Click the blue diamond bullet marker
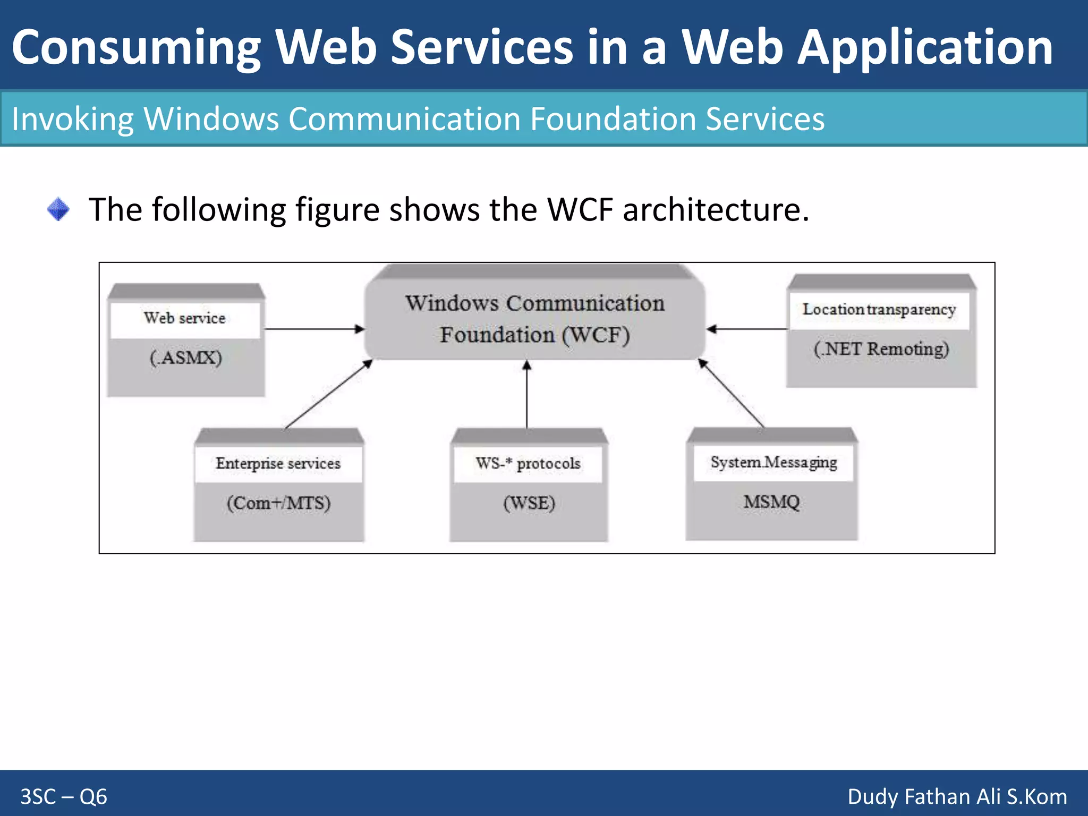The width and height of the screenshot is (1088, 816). [x=58, y=209]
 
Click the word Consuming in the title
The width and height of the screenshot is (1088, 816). [x=136, y=48]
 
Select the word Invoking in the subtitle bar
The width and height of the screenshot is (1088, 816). [x=72, y=119]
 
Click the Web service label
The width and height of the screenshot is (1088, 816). [x=184, y=318]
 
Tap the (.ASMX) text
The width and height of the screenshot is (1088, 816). [x=185, y=358]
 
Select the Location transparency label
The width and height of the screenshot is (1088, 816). [x=879, y=309]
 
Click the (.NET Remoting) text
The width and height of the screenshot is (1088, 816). [x=881, y=349]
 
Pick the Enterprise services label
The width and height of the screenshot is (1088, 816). [x=278, y=464]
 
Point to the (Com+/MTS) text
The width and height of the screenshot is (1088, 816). [x=278, y=503]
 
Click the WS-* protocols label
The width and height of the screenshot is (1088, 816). [x=528, y=464]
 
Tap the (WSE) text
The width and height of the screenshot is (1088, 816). [x=529, y=503]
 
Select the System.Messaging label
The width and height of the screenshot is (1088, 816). [x=773, y=463]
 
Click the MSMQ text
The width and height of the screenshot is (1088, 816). [x=771, y=501]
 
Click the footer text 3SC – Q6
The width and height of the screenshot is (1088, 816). [x=64, y=797]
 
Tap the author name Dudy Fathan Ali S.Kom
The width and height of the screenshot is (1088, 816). [x=957, y=797]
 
